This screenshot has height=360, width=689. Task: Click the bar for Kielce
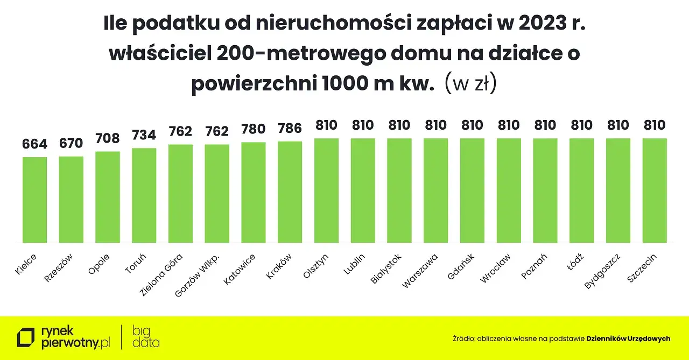click(34, 200)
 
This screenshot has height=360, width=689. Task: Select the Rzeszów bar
click(71, 200)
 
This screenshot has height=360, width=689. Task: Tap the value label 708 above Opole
click(108, 138)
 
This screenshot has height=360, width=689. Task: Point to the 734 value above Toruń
click(144, 135)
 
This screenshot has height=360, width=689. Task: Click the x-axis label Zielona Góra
click(161, 275)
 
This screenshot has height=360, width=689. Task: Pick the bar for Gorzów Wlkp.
click(217, 194)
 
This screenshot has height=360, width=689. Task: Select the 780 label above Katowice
click(254, 129)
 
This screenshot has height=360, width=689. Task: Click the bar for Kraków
click(290, 192)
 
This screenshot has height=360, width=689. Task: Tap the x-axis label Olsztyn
click(316, 266)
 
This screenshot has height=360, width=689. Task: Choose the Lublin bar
click(363, 190)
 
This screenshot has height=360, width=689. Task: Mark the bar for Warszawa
click(436, 190)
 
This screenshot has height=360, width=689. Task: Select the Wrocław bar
click(509, 190)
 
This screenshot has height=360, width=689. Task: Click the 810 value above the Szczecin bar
click(655, 125)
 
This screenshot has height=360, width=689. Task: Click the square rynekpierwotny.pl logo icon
click(25, 338)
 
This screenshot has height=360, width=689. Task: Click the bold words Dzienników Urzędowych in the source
click(628, 339)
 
